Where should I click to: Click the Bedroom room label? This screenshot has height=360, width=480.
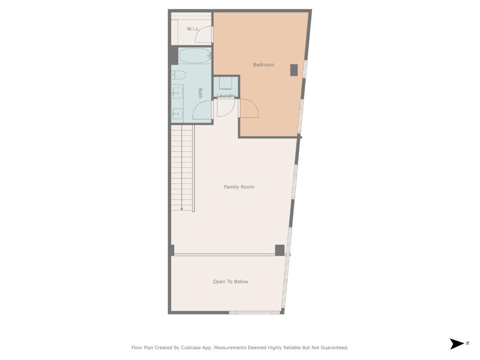pyautogui.click(x=263, y=65)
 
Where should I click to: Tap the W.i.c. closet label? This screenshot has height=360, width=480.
pyautogui.click(x=193, y=29)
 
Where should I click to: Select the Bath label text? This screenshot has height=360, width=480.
pyautogui.click(x=200, y=93)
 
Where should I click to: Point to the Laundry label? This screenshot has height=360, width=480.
pyautogui.click(x=226, y=96)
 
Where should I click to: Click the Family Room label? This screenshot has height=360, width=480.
pyautogui.click(x=239, y=187)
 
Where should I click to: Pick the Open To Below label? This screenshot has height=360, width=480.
pyautogui.click(x=231, y=282)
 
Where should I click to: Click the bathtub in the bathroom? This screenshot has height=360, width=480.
pyautogui.click(x=195, y=56)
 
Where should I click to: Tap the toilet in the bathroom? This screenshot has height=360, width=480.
pyautogui.click(x=179, y=75)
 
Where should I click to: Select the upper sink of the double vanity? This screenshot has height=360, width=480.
pyautogui.click(x=178, y=93)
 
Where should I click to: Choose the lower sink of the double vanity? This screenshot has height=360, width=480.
pyautogui.click(x=178, y=114)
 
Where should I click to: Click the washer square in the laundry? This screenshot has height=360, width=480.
pyautogui.click(x=225, y=83)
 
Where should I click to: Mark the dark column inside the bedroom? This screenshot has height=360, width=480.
pyautogui.click(x=294, y=70)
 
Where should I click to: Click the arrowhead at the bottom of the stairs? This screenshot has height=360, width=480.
pyautogui.click(x=181, y=209)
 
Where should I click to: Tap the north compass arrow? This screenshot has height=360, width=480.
pyautogui.click(x=457, y=344)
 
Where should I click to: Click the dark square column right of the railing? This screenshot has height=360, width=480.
pyautogui.click(x=280, y=250)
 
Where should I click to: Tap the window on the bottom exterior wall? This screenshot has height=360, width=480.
pyautogui.click(x=255, y=313)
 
